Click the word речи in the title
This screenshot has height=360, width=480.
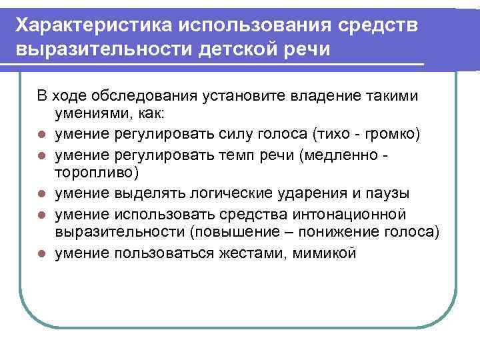tap(307, 50)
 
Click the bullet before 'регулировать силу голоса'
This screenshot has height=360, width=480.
tap(41, 135)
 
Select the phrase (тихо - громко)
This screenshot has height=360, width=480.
tap(377, 134)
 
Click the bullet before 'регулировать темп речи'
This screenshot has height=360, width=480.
tap(41, 155)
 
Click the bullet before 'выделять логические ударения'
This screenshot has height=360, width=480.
tap(41, 194)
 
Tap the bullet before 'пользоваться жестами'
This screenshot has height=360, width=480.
tap(41, 253)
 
